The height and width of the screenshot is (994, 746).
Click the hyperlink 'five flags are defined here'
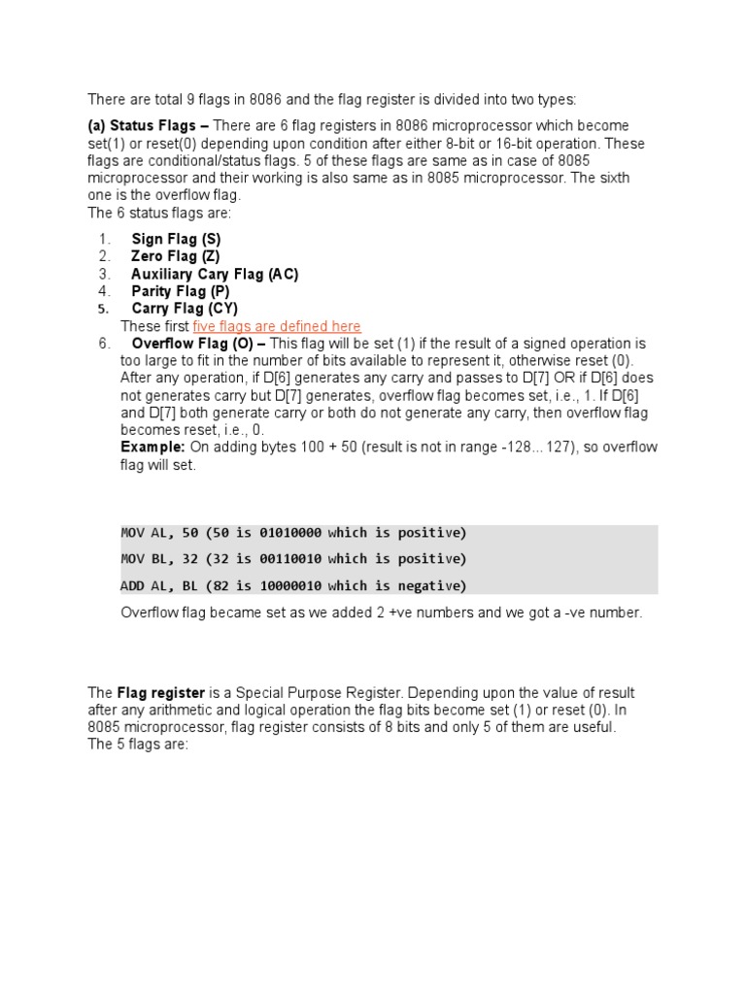277,326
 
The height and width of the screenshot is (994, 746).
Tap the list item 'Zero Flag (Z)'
175,256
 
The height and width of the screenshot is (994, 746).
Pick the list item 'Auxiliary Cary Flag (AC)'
215,274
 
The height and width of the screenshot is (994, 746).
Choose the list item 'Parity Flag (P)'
181,291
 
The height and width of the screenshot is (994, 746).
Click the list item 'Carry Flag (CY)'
185,309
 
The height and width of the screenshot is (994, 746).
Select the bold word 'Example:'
153,447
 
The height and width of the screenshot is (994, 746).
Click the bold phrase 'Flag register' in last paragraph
161,693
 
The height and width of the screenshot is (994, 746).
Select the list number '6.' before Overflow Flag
104,344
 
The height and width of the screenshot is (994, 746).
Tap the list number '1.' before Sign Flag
105,239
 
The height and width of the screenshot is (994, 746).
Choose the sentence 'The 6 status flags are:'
160,214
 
